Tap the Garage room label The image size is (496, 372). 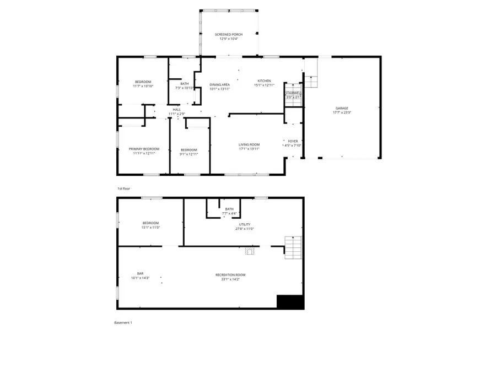342,108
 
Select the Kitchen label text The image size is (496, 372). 264,81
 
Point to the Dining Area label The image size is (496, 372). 219,84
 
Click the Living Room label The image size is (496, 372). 249,144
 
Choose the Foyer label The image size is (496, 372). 293,141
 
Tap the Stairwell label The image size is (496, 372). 293,93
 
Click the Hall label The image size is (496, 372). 176,110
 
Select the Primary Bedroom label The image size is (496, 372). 144,149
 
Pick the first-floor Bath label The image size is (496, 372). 185,84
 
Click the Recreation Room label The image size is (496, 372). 230,274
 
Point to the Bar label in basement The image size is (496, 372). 140,274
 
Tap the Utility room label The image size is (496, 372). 245,224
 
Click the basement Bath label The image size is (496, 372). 229,209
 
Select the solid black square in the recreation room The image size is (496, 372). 290,302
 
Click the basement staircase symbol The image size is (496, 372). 293,247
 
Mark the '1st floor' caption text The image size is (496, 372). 123,188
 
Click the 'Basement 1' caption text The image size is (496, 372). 123,322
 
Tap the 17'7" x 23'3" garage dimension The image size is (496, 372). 342,112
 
